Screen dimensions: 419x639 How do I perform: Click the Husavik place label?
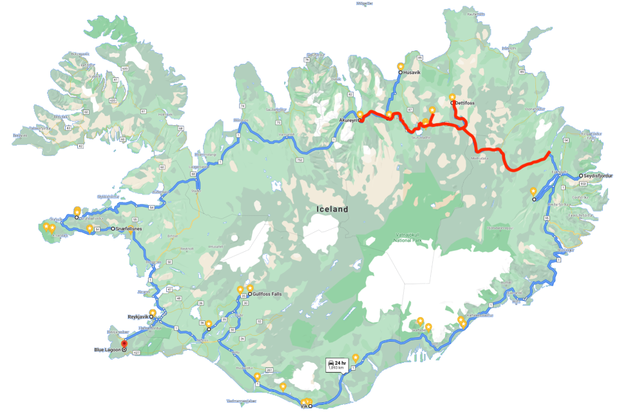[x=412, y=73]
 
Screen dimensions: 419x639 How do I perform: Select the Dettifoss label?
[x=465, y=102]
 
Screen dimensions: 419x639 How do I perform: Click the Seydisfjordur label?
[x=598, y=175]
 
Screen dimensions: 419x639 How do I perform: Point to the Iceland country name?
[x=332, y=209]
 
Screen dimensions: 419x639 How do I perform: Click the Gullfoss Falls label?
[x=267, y=294]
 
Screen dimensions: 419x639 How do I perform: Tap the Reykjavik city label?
[x=138, y=317]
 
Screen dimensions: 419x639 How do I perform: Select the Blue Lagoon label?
[x=107, y=350]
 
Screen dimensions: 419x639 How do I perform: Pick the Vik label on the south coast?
[x=304, y=406]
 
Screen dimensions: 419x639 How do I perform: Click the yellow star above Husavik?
[x=400, y=66]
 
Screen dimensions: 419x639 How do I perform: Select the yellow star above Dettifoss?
[x=452, y=97]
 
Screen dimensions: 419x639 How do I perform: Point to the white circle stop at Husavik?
[x=400, y=73]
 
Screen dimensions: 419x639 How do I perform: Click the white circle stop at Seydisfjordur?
[x=581, y=175]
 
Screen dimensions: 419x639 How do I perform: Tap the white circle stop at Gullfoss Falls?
[x=250, y=294]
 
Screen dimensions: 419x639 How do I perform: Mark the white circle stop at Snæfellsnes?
[x=113, y=229]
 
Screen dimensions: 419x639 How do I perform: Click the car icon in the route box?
[x=330, y=363]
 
